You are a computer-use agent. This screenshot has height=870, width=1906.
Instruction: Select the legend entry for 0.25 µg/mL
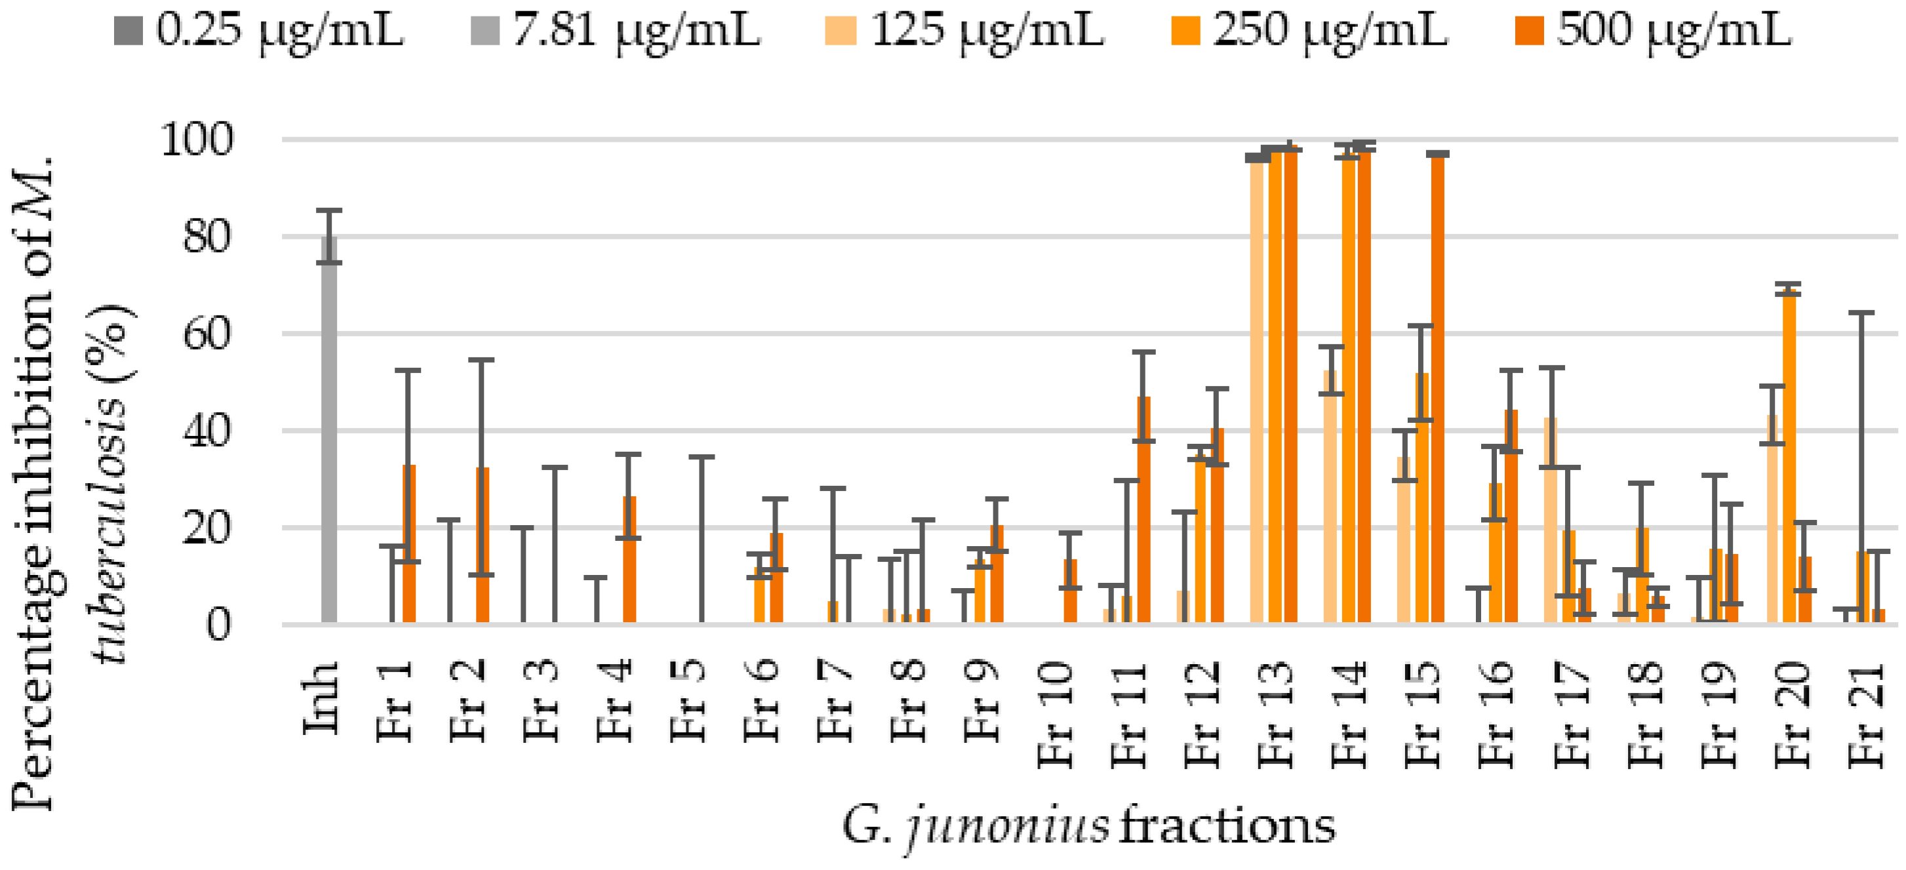pyautogui.click(x=259, y=31)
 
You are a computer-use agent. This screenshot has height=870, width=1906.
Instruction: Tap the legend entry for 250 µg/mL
pyautogui.click(x=1309, y=31)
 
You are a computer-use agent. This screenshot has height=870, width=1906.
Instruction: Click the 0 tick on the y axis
pyautogui.click(x=218, y=625)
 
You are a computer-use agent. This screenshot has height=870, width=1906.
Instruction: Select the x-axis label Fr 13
pyautogui.click(x=1276, y=714)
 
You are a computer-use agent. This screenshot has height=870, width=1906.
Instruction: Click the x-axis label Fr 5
pyautogui.click(x=688, y=702)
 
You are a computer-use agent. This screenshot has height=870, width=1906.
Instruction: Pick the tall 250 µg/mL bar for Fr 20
pyautogui.click(x=1789, y=459)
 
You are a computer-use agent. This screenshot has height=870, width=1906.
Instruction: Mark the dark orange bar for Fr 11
pyautogui.click(x=1144, y=511)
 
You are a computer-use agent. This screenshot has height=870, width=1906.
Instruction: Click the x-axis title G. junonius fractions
pyautogui.click(x=1088, y=826)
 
